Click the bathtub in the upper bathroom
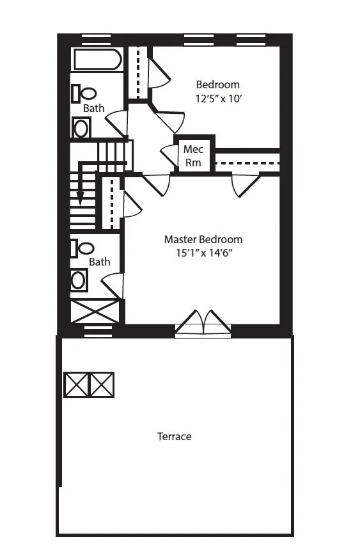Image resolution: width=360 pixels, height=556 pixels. (x=97, y=60)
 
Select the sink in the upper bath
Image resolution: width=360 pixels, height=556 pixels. (x=81, y=128)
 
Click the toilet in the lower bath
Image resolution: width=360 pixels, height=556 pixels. (x=82, y=248)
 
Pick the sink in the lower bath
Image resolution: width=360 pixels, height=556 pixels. (x=79, y=280)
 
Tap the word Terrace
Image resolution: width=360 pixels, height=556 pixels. (x=174, y=436)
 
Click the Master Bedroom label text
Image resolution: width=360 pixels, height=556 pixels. (x=203, y=239)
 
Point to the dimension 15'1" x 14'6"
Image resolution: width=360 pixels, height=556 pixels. (x=203, y=253)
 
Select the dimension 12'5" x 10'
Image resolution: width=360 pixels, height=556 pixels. (x=218, y=98)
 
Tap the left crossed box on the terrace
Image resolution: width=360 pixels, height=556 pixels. (x=76, y=385)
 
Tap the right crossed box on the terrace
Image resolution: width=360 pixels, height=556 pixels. (x=101, y=385)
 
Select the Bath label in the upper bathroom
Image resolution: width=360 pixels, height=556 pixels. (x=93, y=108)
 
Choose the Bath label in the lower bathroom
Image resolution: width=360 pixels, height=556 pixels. (x=99, y=262)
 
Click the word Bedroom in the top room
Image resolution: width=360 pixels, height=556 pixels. (x=217, y=84)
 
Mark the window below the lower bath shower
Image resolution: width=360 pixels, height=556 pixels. (x=98, y=331)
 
